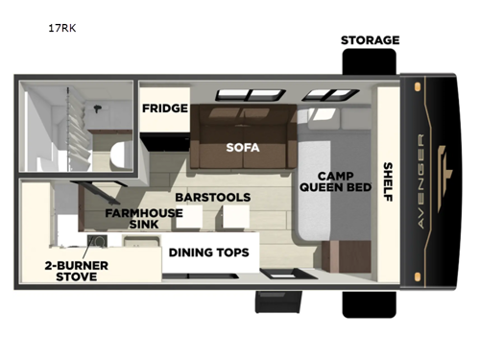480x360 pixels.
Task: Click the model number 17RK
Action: (62, 29)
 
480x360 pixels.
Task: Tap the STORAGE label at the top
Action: (370, 40)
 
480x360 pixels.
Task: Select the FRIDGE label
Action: (165, 108)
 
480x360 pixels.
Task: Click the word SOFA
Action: (243, 148)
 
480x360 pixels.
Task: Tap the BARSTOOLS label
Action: (212, 197)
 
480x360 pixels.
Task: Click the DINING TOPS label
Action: (209, 252)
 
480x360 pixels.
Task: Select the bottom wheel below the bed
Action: (369, 302)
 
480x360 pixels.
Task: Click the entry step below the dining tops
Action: (273, 303)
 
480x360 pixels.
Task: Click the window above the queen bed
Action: (319, 94)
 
